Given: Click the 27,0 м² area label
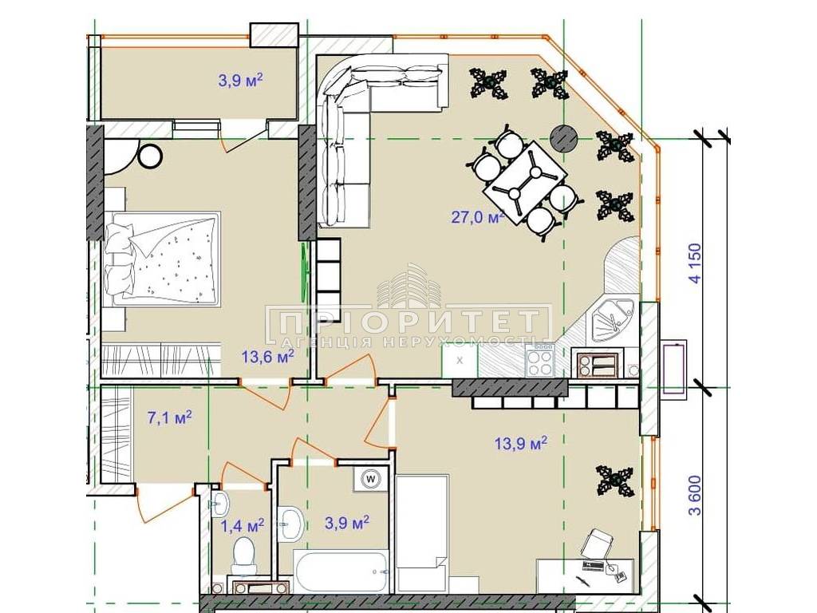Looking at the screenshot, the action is click(x=478, y=216).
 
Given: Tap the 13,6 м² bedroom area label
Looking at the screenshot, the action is click(x=268, y=357).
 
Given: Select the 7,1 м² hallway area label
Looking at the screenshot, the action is click(x=170, y=417).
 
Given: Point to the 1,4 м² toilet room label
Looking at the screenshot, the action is click(x=243, y=525).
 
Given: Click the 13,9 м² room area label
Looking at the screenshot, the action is click(x=520, y=444).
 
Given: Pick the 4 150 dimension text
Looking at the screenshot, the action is click(x=695, y=262).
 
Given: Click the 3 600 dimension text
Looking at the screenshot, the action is click(x=695, y=495).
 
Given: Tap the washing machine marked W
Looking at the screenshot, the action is click(x=371, y=478).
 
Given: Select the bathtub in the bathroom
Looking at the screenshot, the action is click(x=341, y=571).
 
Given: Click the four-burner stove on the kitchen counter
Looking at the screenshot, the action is click(x=540, y=362).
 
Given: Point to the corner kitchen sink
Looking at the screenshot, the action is click(x=613, y=321).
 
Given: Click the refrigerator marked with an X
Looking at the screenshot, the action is click(x=460, y=361).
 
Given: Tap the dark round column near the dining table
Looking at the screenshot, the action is click(x=566, y=138).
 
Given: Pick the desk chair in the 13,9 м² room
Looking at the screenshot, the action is click(x=595, y=545).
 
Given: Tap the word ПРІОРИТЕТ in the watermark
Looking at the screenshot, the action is click(x=408, y=322).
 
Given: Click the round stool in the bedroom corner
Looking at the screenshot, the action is click(x=151, y=156).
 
